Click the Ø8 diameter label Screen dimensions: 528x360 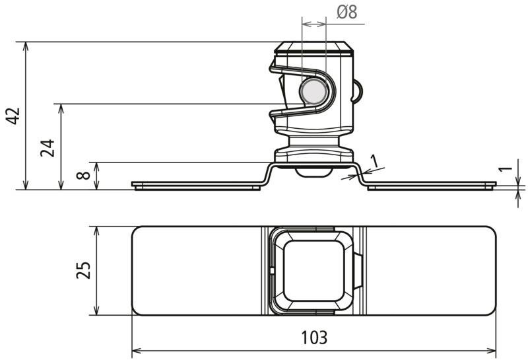click(x=347, y=12)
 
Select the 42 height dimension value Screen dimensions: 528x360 click(x=13, y=116)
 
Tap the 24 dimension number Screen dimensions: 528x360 click(x=48, y=148)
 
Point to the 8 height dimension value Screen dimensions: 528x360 click(x=83, y=175)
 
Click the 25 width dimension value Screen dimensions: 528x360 click(x=83, y=270)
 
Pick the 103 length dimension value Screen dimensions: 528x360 click(x=314, y=338)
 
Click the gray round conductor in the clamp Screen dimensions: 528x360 click(x=313, y=91)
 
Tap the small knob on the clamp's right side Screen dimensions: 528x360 click(x=358, y=91)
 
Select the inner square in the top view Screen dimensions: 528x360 click(x=313, y=271)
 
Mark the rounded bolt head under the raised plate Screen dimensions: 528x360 click(x=313, y=172)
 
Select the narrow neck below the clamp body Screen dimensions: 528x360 click(x=313, y=142)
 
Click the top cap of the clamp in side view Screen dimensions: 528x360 click(x=313, y=48)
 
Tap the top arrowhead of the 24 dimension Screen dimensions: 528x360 click(x=61, y=108)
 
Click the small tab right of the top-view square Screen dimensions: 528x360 click(x=358, y=271)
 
